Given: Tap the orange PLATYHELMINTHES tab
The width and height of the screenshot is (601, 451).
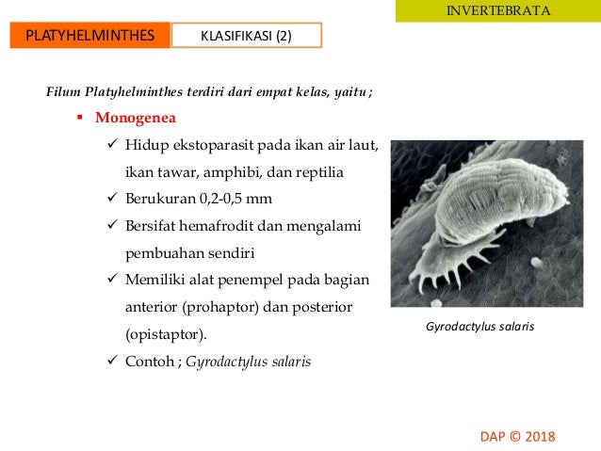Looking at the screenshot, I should [x=90, y=37].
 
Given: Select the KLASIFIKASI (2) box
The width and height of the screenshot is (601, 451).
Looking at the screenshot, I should [x=247, y=37].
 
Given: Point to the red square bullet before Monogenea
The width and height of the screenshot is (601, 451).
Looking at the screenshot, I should [x=82, y=120].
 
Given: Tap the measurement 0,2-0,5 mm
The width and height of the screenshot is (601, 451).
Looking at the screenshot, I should [x=234, y=200].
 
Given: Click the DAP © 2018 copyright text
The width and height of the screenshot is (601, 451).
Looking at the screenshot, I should [x=517, y=437].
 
